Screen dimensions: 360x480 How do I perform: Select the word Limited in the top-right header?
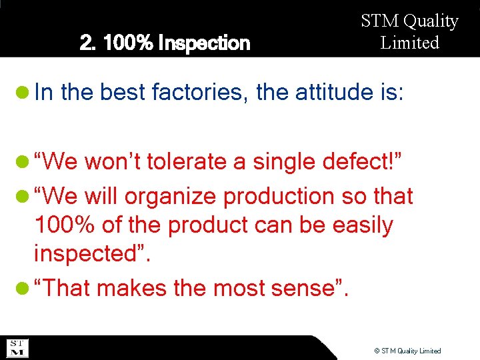409,43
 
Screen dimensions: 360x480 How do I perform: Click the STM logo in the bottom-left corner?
17,348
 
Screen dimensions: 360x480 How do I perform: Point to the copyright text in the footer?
407,351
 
